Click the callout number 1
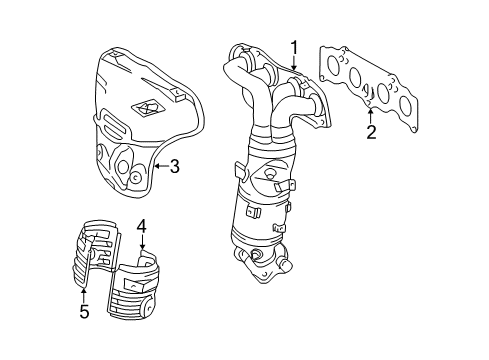click(x=295, y=46)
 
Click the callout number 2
click(x=371, y=132)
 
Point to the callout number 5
click(x=84, y=312)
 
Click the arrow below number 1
click(x=295, y=64)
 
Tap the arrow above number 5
click(x=84, y=292)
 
